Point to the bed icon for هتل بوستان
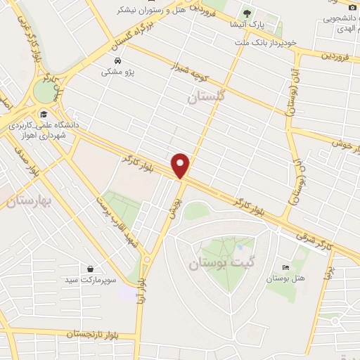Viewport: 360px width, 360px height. (285, 268)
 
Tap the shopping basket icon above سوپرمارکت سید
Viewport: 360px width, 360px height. (91, 269)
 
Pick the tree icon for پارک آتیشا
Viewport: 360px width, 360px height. (247, 13)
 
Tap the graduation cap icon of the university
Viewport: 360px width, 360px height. (44, 114)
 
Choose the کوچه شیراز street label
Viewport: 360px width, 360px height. (191, 72)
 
